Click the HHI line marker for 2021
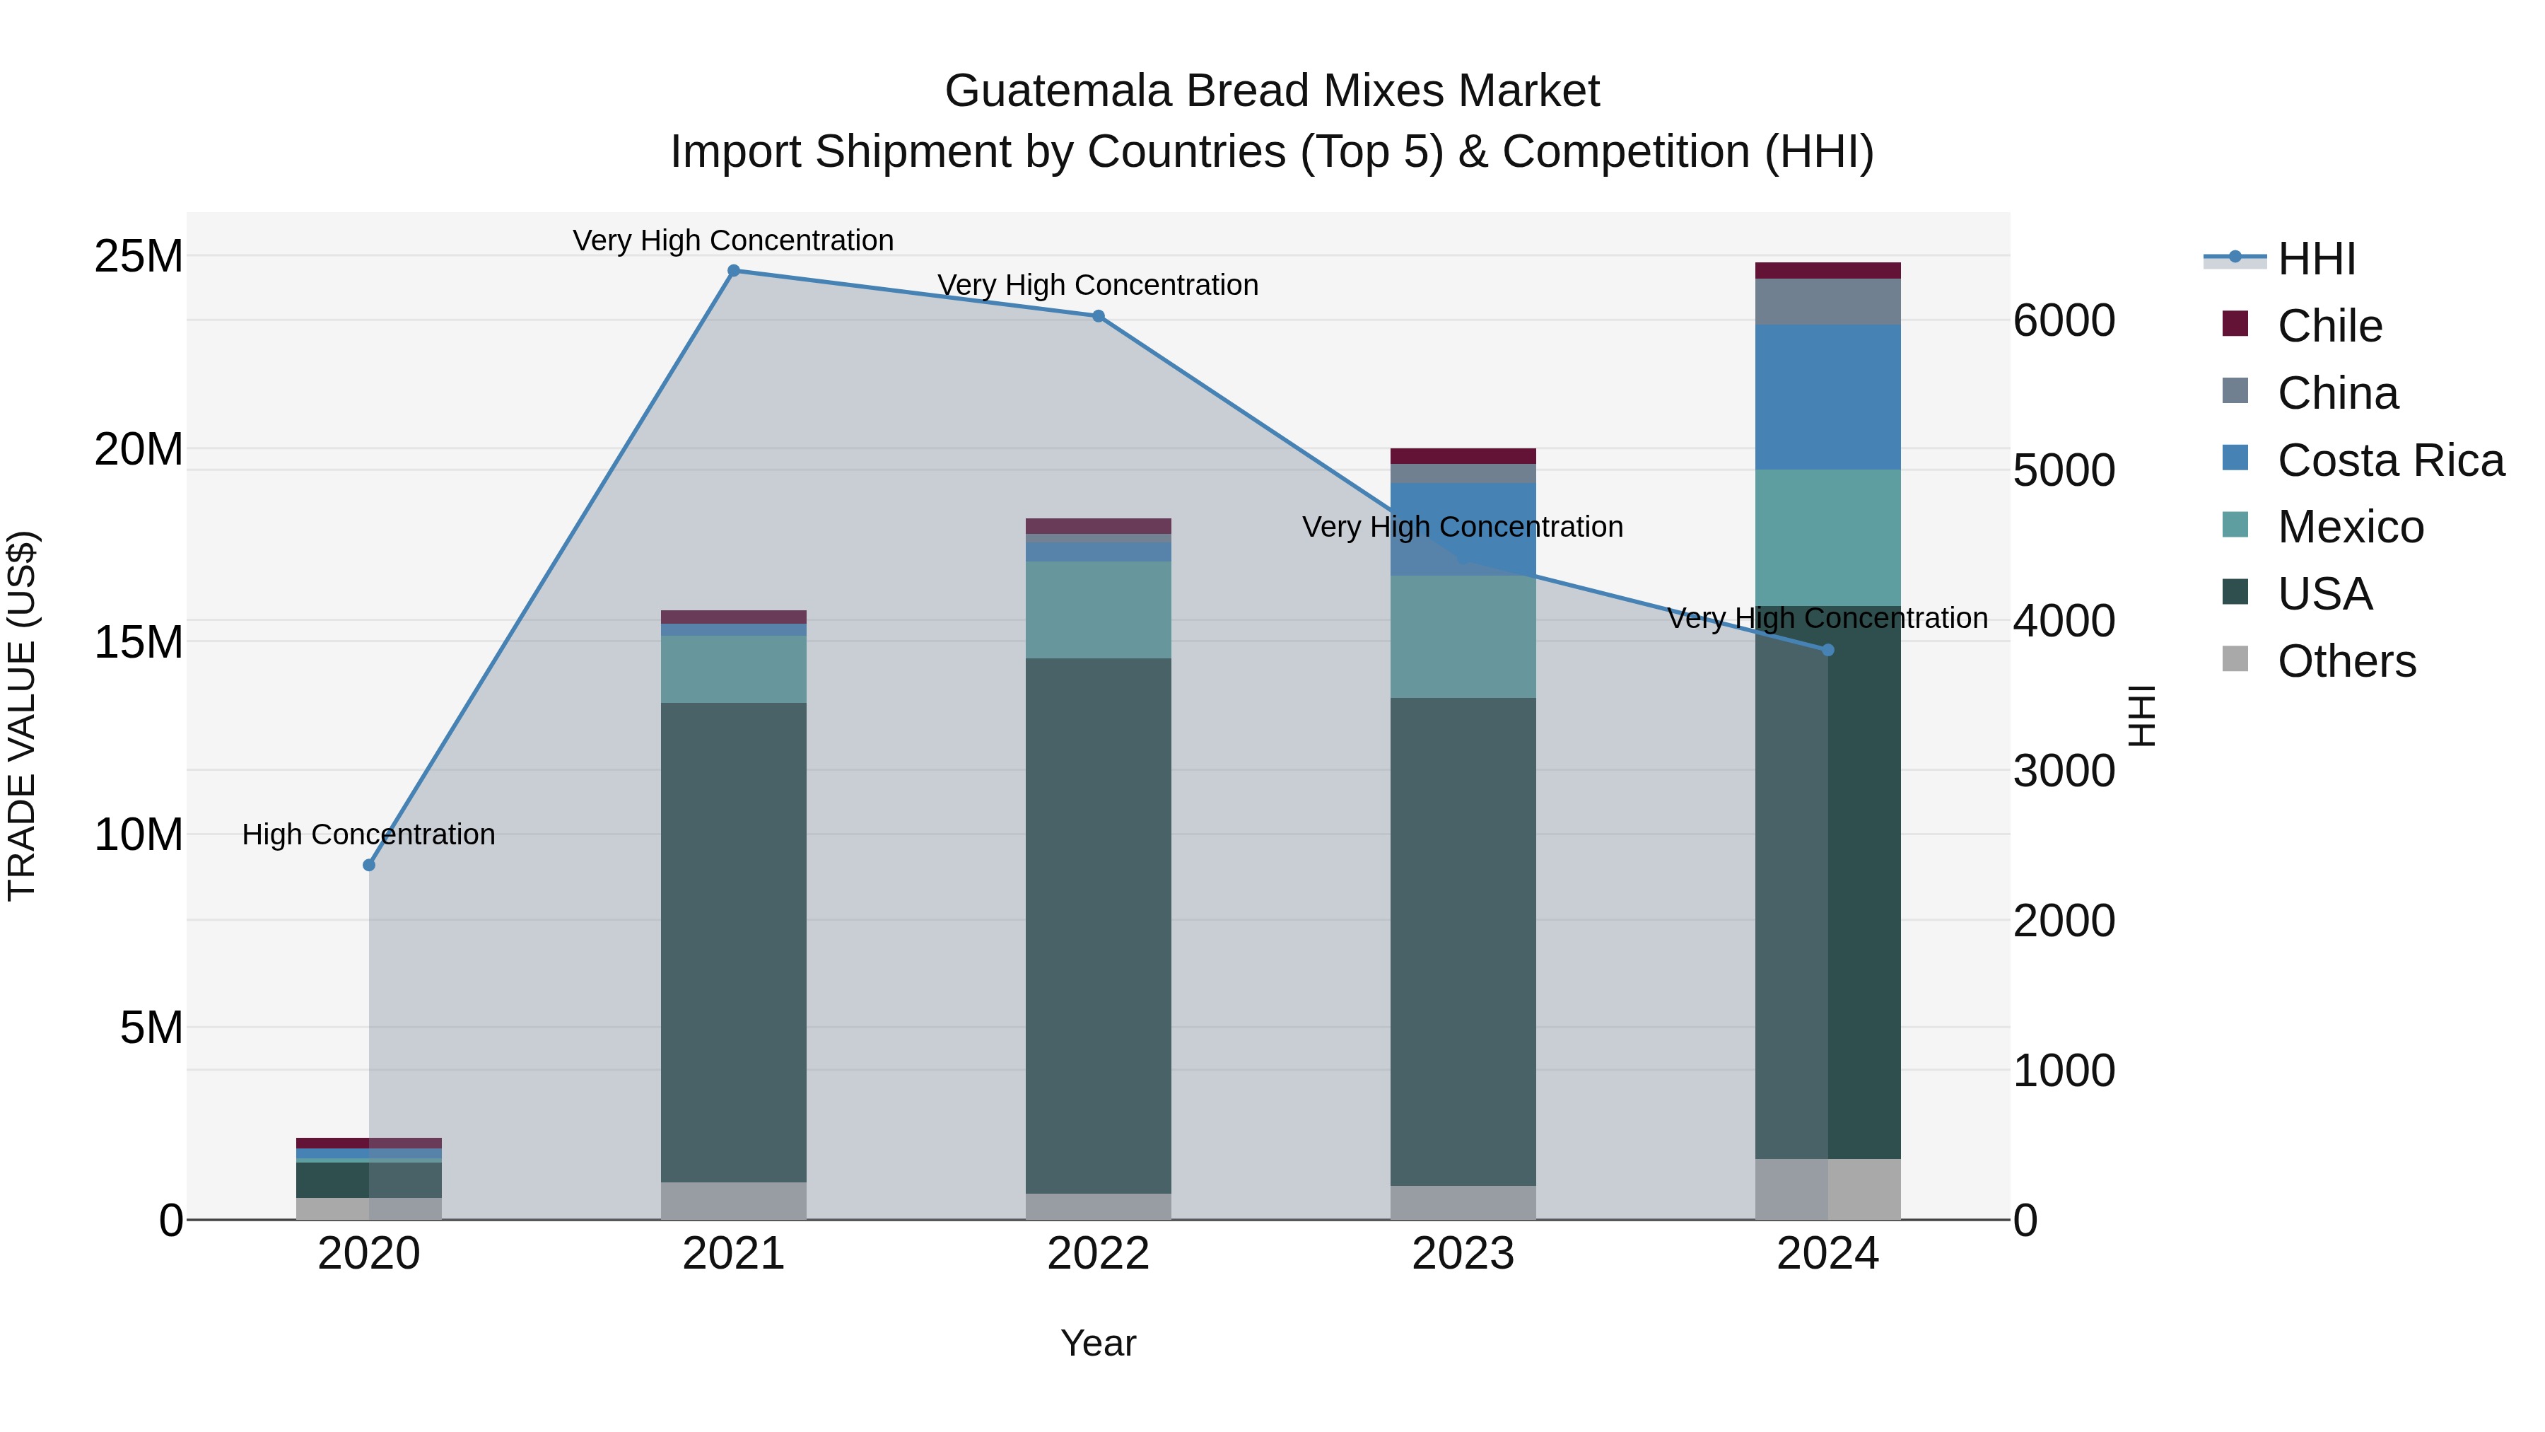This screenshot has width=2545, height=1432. coord(733,271)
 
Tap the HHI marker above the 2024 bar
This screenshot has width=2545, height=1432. coord(1827,651)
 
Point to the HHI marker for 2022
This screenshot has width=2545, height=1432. coord(1098,316)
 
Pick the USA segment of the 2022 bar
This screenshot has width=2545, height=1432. coord(1098,925)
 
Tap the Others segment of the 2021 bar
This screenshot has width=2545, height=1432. coord(733,1200)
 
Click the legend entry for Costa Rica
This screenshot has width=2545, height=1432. coord(2390,460)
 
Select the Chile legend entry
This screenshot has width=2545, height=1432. coord(2329,326)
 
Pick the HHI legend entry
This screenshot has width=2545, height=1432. coord(2316,259)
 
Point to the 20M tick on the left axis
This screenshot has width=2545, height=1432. coord(139,450)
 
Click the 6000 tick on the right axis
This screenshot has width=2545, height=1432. coord(2064,320)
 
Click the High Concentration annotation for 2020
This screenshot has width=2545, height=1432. coord(368,834)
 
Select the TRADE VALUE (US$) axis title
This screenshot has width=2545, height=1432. coord(23,716)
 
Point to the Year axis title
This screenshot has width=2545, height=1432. coord(1098,1343)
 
